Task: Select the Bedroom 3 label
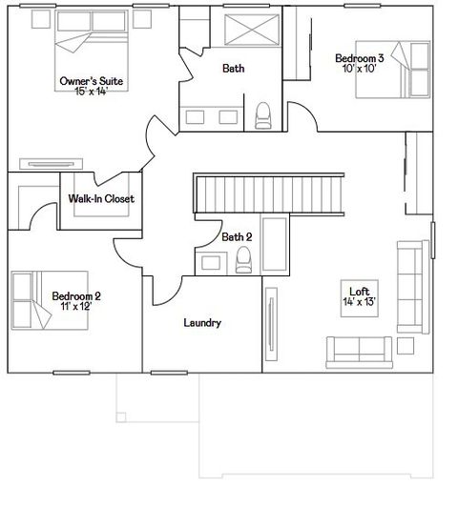pyautogui.click(x=358, y=59)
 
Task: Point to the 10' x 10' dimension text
pyautogui.click(x=358, y=69)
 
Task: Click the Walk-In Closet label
pyautogui.click(x=101, y=199)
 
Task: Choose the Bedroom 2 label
pyautogui.click(x=76, y=296)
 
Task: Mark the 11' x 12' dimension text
pyautogui.click(x=76, y=306)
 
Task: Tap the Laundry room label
pyautogui.click(x=202, y=323)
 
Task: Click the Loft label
pyautogui.click(x=360, y=292)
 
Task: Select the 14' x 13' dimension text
pyautogui.click(x=360, y=301)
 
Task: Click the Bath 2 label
pyautogui.click(x=237, y=236)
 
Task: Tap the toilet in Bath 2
pyautogui.click(x=244, y=258)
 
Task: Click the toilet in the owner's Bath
pyautogui.click(x=264, y=114)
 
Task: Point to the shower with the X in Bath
pyautogui.click(x=251, y=33)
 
